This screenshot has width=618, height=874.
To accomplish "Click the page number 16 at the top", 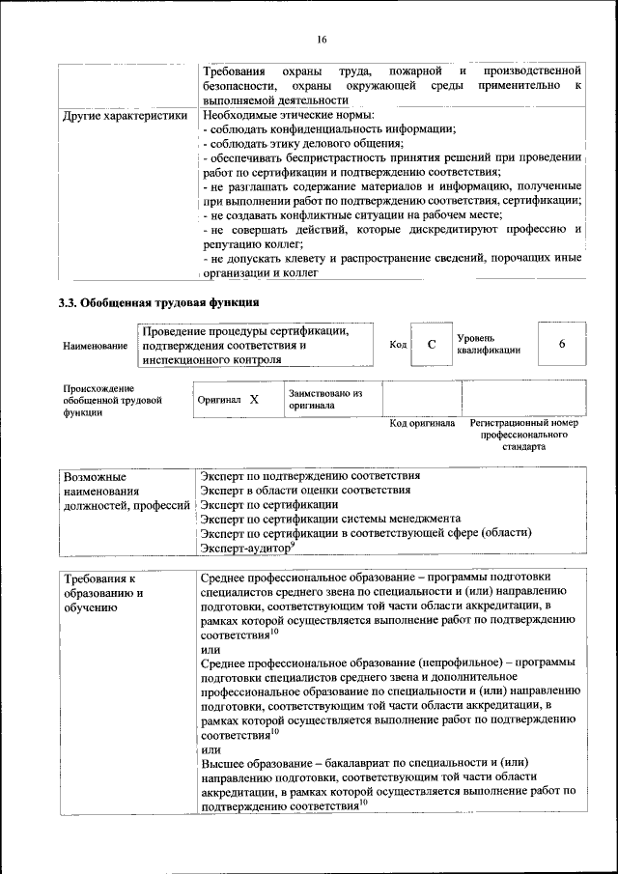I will pos(322,39).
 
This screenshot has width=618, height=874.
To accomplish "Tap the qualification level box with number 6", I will pos(561,345).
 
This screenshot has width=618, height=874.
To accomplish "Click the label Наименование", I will pos(94,346).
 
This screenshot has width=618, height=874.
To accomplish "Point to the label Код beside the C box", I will pos(398,345).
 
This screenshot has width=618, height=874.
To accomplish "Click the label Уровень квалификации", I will pos(489,345).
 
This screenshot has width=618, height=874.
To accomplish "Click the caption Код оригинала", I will pos(421,424).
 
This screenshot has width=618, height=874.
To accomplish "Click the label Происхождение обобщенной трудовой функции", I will pos(112,400).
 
